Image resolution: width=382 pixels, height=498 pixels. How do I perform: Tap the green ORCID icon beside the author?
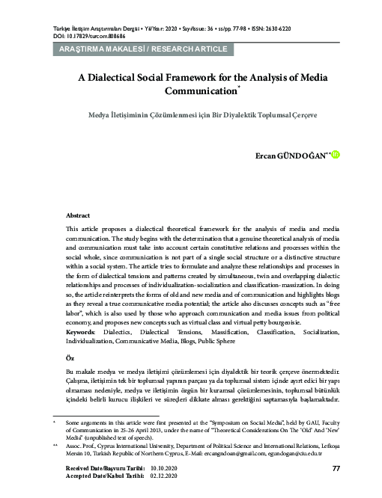coord(336,156)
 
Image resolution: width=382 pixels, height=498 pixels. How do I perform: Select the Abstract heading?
coord(78,214)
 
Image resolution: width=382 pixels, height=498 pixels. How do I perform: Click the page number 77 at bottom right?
coord(336,469)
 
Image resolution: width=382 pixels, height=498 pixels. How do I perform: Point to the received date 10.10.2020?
coord(164,468)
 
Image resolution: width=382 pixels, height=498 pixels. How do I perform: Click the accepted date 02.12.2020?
coord(164,476)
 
